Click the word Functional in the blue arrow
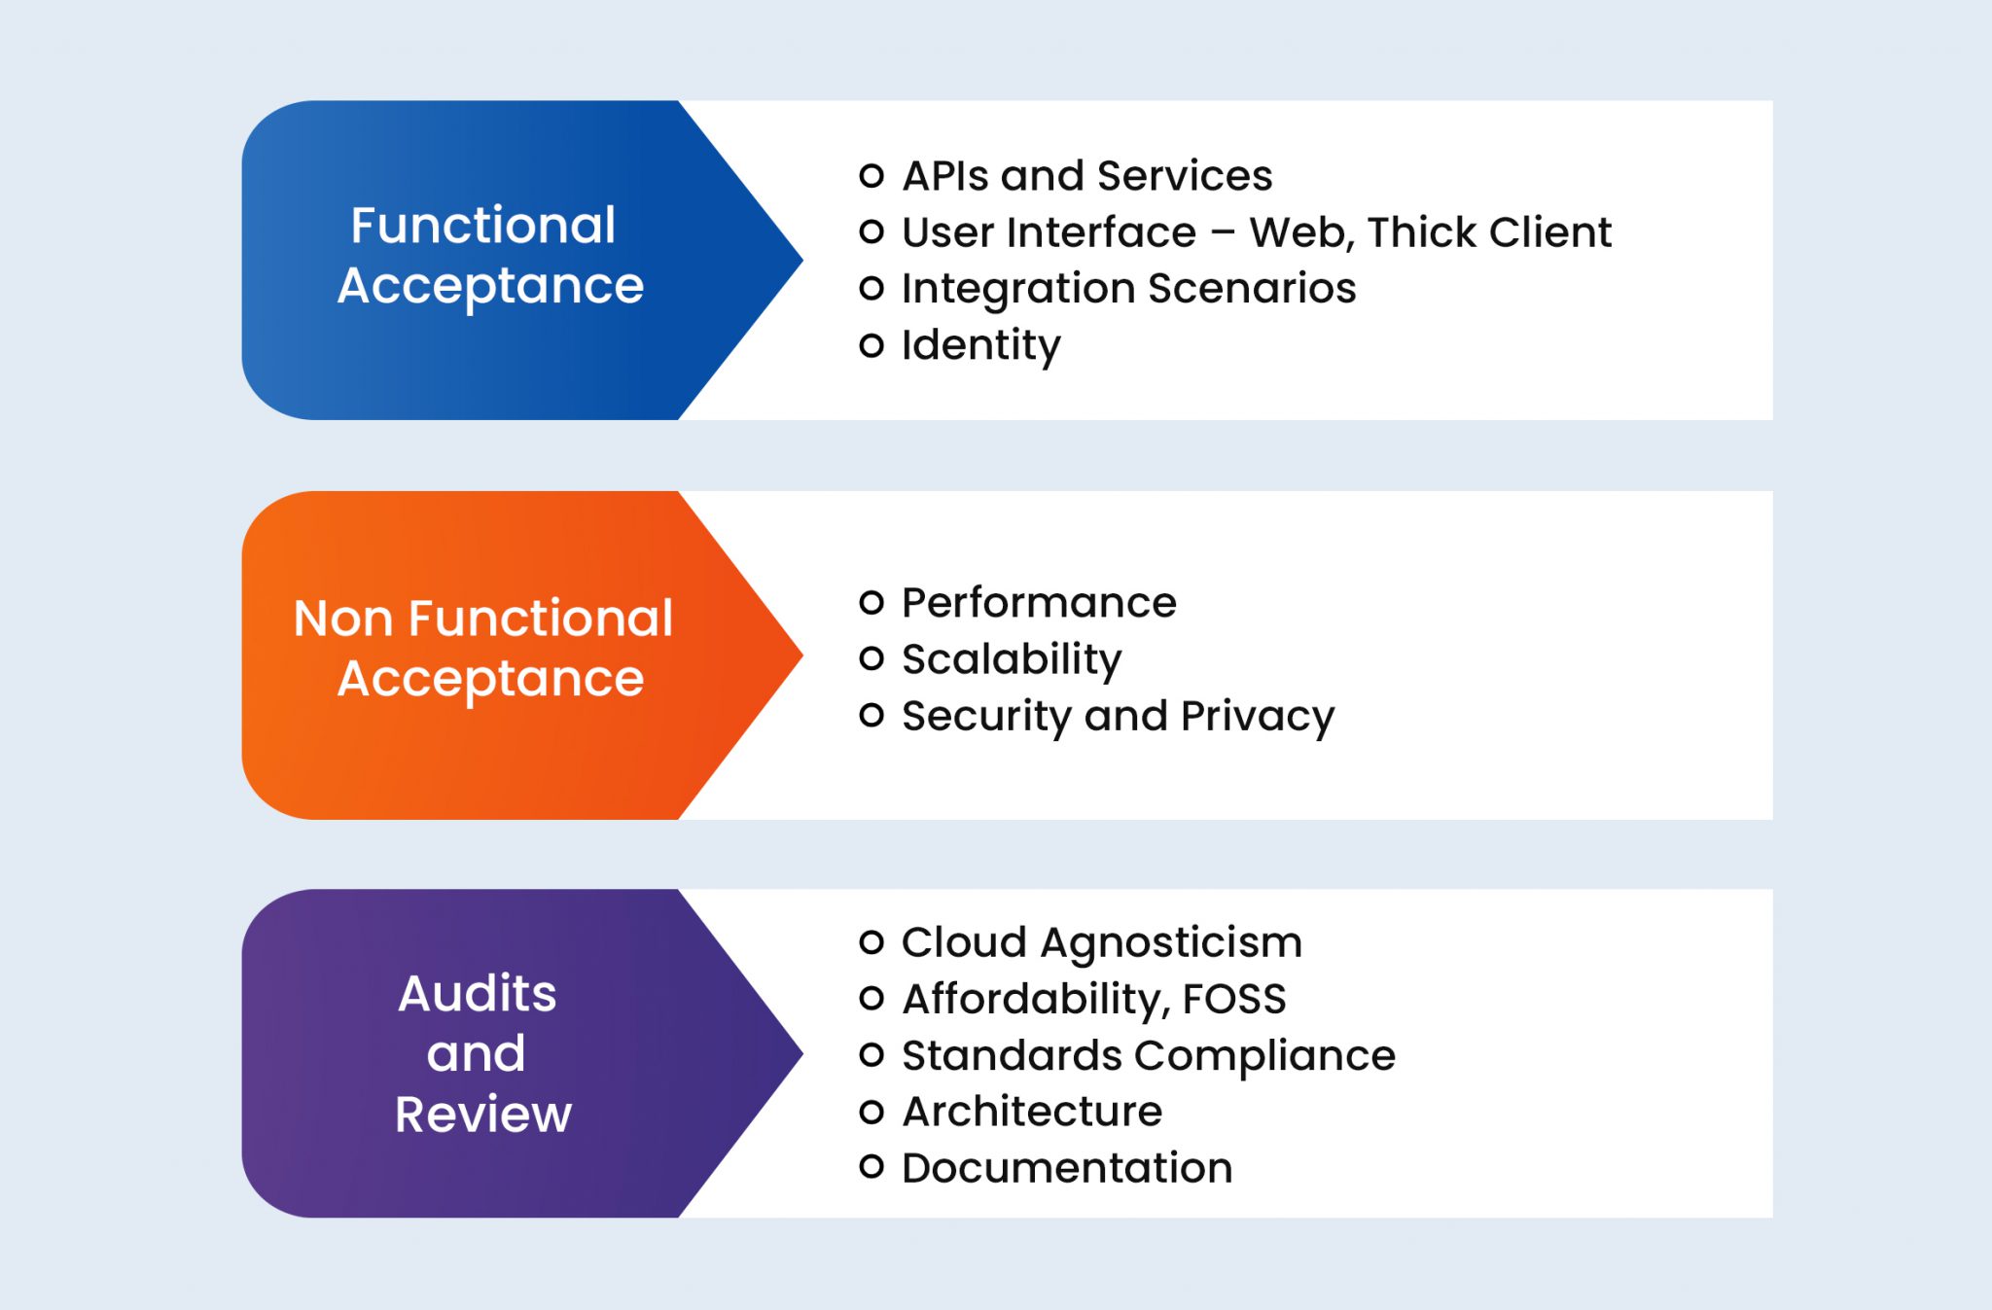(x=482, y=226)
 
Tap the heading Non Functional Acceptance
(x=483, y=648)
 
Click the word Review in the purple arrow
(x=482, y=1114)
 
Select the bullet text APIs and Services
(x=1086, y=176)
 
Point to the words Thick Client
(x=1488, y=232)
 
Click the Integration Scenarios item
(x=1128, y=289)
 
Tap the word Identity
(x=980, y=345)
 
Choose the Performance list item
(x=1039, y=603)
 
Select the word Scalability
(x=1012, y=659)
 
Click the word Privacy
(x=1257, y=717)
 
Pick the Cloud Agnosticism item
(x=1101, y=942)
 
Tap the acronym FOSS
(x=1233, y=999)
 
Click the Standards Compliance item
(x=1148, y=1055)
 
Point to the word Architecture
(x=1031, y=1112)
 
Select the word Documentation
(x=1066, y=1168)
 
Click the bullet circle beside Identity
(x=871, y=345)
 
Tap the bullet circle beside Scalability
(x=871, y=658)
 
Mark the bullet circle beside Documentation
(x=871, y=1166)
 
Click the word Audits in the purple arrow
(x=477, y=994)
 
